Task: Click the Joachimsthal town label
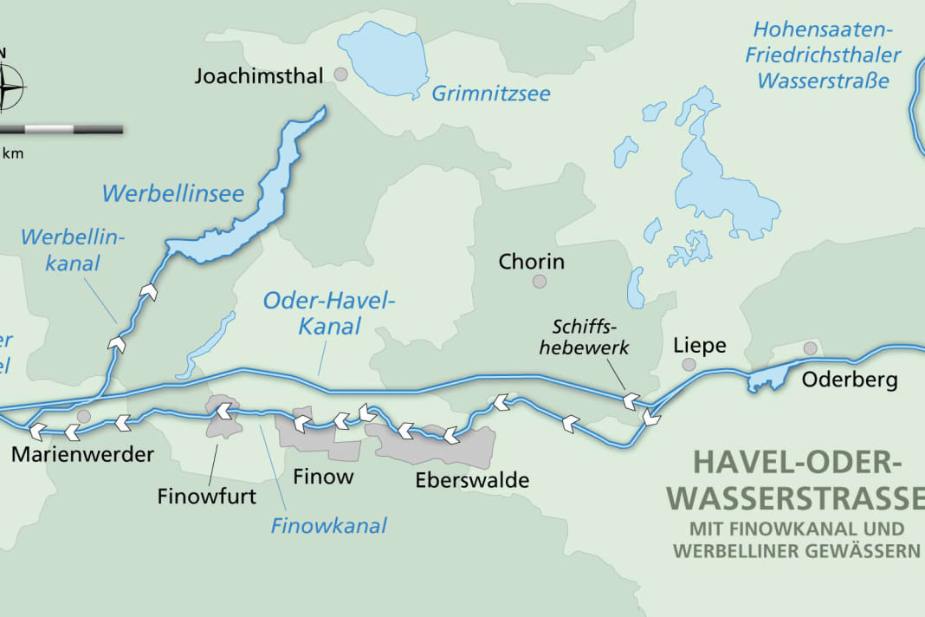pyautogui.click(x=258, y=76)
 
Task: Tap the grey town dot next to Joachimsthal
pyautogui.click(x=341, y=75)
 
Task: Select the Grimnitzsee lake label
pyautogui.click(x=490, y=94)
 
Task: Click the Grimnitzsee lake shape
pyautogui.click(x=384, y=59)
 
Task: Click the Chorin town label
pyautogui.click(x=531, y=261)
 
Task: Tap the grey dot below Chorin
pyautogui.click(x=540, y=282)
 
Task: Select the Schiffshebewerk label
pyautogui.click(x=590, y=337)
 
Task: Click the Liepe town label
pyautogui.click(x=699, y=346)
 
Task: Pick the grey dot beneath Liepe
pyautogui.click(x=689, y=365)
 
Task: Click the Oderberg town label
pyautogui.click(x=849, y=380)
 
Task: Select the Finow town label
pyautogui.click(x=323, y=476)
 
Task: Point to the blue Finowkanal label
pyautogui.click(x=328, y=525)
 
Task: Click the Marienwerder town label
pyautogui.click(x=82, y=454)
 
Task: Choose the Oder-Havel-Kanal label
pyautogui.click(x=328, y=313)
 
